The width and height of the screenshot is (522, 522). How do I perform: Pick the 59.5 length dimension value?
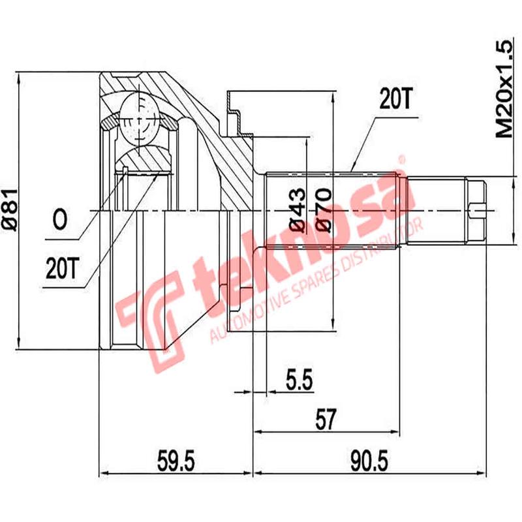pos(176,461)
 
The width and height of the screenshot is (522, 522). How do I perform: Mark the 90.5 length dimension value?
pos(369,461)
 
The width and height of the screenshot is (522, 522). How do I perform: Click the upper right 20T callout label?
pos(396,100)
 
